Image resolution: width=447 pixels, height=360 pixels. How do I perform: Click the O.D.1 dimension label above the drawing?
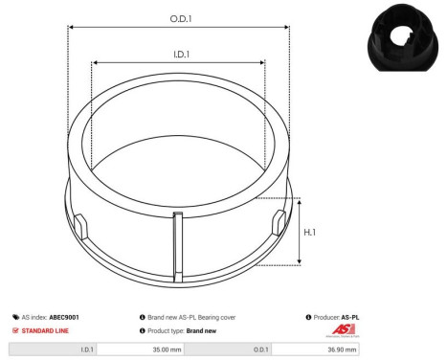pos(179,18)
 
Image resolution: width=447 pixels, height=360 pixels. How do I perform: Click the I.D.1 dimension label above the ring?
pos(179,55)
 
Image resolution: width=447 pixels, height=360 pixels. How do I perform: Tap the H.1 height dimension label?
pos(311,231)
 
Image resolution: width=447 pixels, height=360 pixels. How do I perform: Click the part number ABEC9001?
pos(65,316)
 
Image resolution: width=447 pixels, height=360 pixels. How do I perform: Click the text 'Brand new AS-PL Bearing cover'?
pos(191,316)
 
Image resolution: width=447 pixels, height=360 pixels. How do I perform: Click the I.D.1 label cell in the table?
pos(53,350)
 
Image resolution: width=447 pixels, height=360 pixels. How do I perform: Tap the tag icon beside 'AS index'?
pos(16,316)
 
